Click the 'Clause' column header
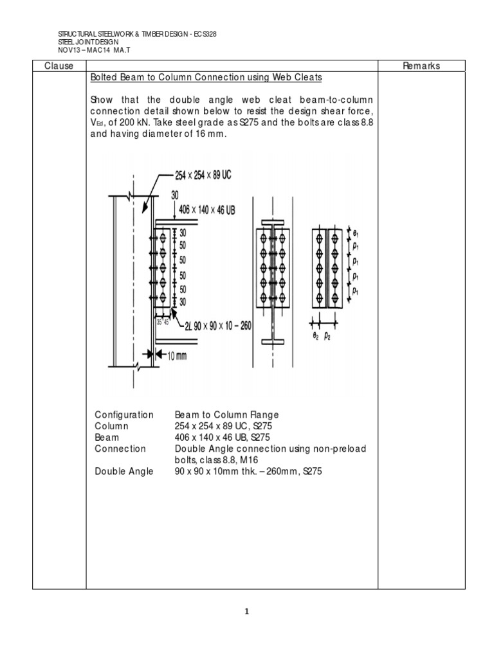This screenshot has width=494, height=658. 59,66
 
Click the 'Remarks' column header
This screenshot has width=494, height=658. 421,66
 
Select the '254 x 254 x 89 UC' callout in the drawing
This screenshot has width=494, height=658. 203,174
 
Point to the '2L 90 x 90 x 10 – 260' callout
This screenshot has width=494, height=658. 209,326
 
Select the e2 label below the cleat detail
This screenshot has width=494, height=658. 316,335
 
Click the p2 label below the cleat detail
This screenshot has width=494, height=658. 327,335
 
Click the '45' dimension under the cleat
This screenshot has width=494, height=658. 166,322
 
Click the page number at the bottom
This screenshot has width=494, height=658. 246,611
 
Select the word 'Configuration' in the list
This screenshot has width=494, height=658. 124,415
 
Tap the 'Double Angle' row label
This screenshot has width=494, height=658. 124,472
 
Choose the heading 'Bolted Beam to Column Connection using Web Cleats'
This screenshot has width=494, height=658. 206,78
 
